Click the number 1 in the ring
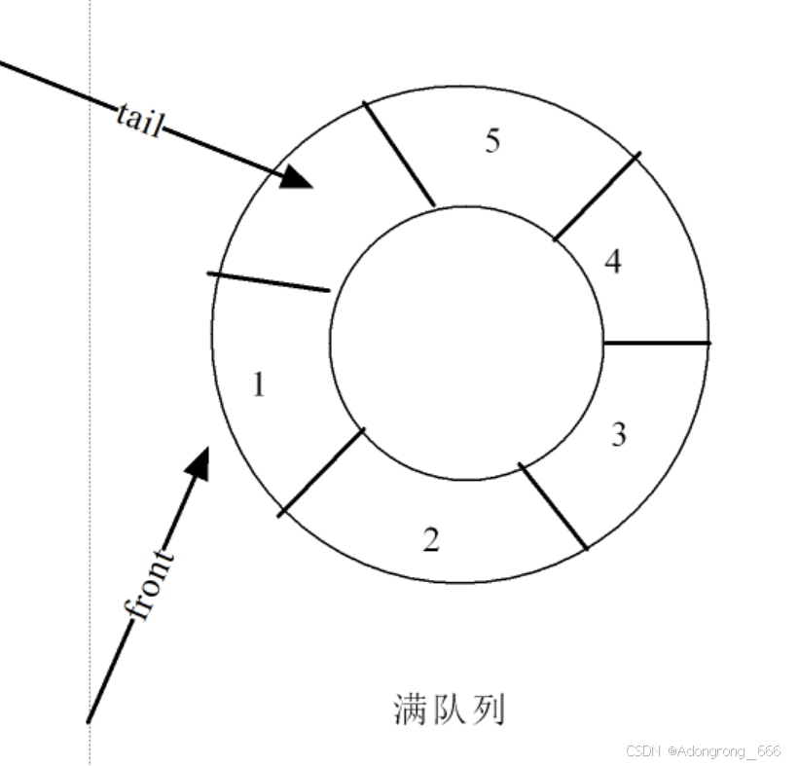click(258, 385)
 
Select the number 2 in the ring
click(431, 539)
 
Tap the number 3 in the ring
click(618, 434)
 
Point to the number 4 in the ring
click(612, 262)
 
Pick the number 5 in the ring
click(492, 141)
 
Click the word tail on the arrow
click(137, 120)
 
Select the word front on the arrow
click(149, 584)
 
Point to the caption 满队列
click(450, 710)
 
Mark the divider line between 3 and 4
click(656, 343)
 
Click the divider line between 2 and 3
click(554, 506)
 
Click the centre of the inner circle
click(465, 342)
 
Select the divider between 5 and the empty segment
click(399, 154)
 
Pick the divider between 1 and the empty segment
click(269, 281)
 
